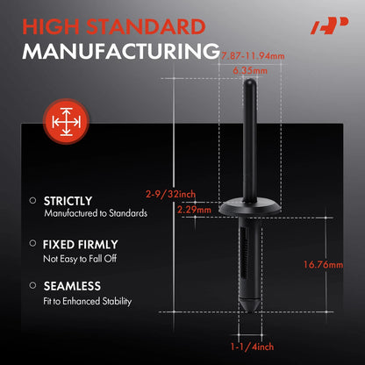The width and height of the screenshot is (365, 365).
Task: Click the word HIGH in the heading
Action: (x=51, y=27)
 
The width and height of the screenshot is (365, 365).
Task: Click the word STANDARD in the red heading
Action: (x=146, y=27)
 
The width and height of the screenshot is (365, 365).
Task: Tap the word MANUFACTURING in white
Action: (x=121, y=52)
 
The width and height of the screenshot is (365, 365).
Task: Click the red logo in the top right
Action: (x=329, y=25)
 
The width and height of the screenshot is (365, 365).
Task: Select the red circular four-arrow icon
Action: (x=66, y=122)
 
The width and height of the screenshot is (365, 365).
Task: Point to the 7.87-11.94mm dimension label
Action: (x=253, y=56)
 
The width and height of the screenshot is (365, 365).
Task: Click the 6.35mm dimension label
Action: (x=250, y=70)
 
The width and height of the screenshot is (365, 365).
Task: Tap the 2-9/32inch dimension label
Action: (x=171, y=194)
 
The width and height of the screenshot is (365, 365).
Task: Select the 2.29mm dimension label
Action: (x=194, y=210)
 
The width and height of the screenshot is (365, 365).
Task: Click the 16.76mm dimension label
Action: (x=323, y=265)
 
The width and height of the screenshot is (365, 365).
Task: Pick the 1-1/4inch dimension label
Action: (x=252, y=347)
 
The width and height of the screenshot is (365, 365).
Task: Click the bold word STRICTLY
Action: (x=68, y=201)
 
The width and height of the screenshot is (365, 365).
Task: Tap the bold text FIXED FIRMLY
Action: (x=81, y=245)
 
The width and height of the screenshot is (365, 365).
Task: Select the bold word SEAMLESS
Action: (x=72, y=286)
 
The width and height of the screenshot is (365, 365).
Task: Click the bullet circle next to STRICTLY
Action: (x=32, y=201)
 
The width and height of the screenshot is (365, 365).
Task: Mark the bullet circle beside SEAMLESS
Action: (x=32, y=285)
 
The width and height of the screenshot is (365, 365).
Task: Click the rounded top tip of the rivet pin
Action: (x=250, y=81)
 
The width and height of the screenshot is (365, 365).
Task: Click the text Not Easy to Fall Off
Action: (x=80, y=259)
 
